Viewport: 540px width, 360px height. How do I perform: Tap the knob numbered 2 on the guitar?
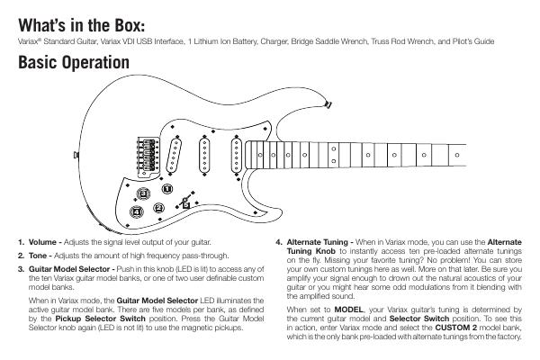[x=158, y=207]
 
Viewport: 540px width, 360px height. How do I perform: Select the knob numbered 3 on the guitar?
[x=167, y=189]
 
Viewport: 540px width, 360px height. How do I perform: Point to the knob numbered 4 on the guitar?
[x=135, y=212]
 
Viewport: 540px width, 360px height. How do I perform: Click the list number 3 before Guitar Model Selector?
[x=20, y=269]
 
